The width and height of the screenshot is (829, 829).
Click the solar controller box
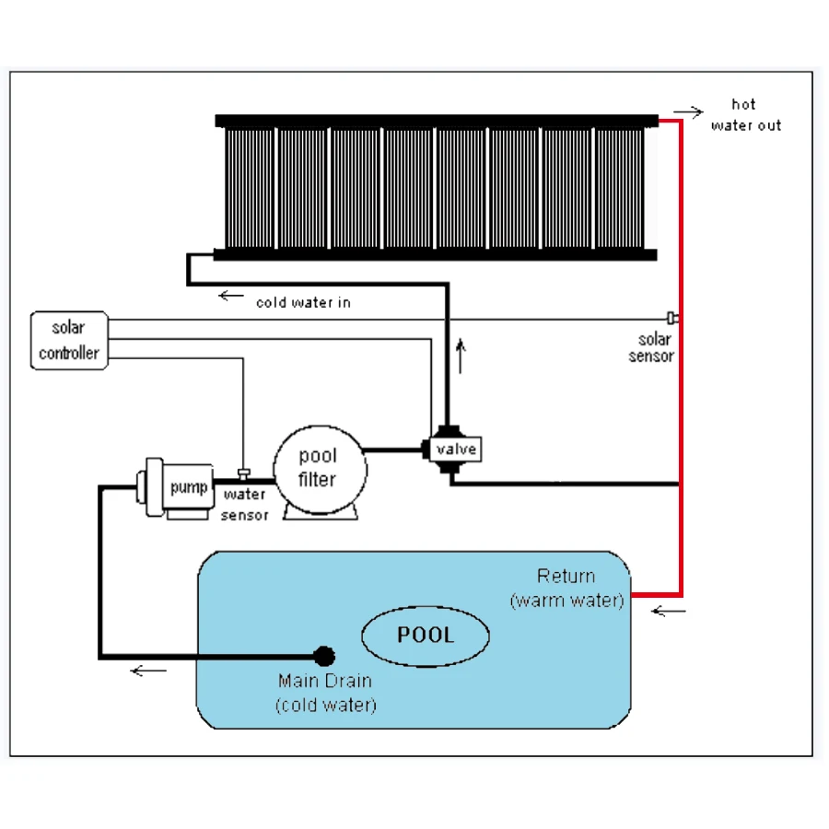(x=67, y=340)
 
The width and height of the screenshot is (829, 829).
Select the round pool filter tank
(x=319, y=468)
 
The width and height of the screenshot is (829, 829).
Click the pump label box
(x=189, y=487)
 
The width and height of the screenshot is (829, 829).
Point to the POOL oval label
(x=425, y=635)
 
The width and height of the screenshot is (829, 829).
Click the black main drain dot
(x=324, y=656)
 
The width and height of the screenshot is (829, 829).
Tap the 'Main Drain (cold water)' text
(x=325, y=693)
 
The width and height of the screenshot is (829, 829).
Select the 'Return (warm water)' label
(x=566, y=589)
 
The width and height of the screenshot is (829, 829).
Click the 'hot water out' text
(x=744, y=114)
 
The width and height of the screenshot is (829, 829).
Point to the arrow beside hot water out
(x=688, y=112)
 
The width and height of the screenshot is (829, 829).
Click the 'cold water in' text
(x=303, y=301)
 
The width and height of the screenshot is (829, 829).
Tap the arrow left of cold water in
(x=231, y=297)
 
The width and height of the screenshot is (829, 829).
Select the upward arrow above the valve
(x=461, y=355)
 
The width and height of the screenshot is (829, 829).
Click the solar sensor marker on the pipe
(x=673, y=319)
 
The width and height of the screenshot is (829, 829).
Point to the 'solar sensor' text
(x=651, y=348)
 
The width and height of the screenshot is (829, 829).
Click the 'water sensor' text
(x=244, y=505)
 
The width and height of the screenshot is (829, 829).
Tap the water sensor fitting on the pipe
(x=243, y=474)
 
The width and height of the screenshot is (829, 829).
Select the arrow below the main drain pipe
(x=148, y=670)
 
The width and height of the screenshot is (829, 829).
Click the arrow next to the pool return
(x=669, y=610)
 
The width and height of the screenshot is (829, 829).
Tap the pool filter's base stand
(x=319, y=512)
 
